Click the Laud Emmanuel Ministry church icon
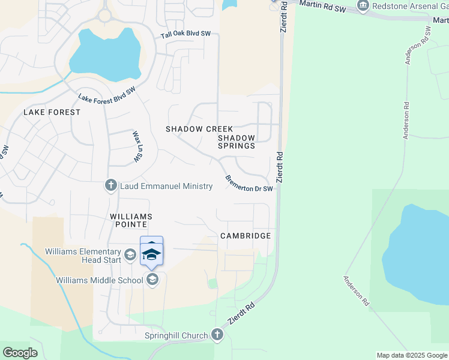click(110, 186)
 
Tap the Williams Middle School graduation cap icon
click(152, 279)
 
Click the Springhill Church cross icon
click(217, 335)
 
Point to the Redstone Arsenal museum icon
click(363, 7)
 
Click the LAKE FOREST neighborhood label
click(52, 112)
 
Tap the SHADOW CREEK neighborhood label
click(199, 129)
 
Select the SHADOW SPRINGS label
click(236, 142)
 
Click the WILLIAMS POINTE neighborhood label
click(131, 220)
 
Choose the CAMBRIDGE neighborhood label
click(246, 236)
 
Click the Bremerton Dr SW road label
click(249, 184)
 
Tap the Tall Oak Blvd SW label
click(186, 35)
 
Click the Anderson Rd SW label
click(418, 45)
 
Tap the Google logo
click(20, 353)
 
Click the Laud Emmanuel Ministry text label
click(166, 186)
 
